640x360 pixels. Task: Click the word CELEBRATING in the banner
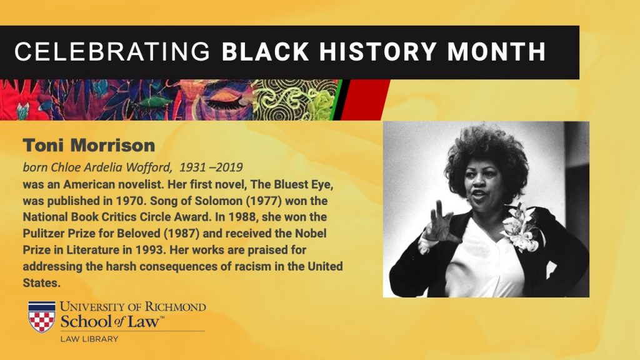(x=112, y=52)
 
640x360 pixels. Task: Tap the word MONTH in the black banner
(x=496, y=52)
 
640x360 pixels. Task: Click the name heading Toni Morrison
(x=89, y=145)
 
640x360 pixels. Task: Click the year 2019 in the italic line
(x=229, y=167)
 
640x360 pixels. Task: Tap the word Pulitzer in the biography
(x=42, y=234)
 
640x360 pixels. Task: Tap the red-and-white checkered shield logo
(x=42, y=317)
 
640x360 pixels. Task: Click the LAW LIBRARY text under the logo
(x=89, y=339)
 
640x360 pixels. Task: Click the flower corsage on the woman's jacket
(x=519, y=227)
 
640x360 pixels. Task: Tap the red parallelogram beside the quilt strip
(x=364, y=100)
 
